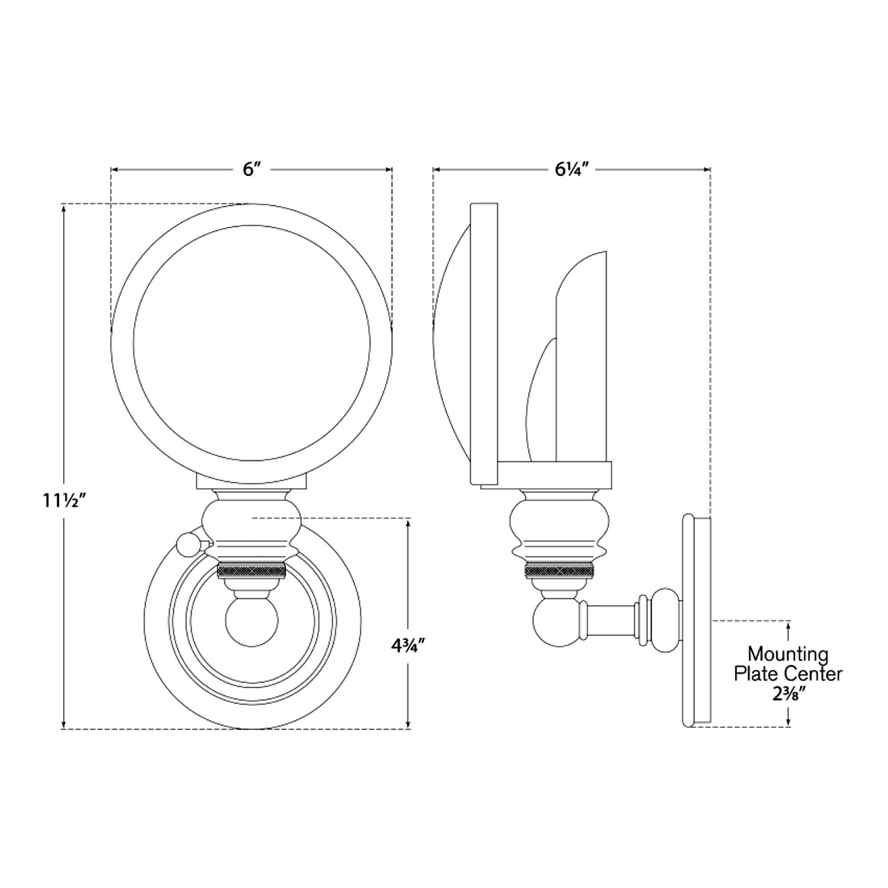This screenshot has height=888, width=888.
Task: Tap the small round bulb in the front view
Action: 252,621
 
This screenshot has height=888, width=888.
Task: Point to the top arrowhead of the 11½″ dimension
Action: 64,208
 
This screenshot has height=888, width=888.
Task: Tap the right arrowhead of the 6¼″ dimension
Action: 707,170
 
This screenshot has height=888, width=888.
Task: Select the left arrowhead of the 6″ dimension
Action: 115,170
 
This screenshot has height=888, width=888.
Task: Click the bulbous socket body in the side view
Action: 559,524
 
